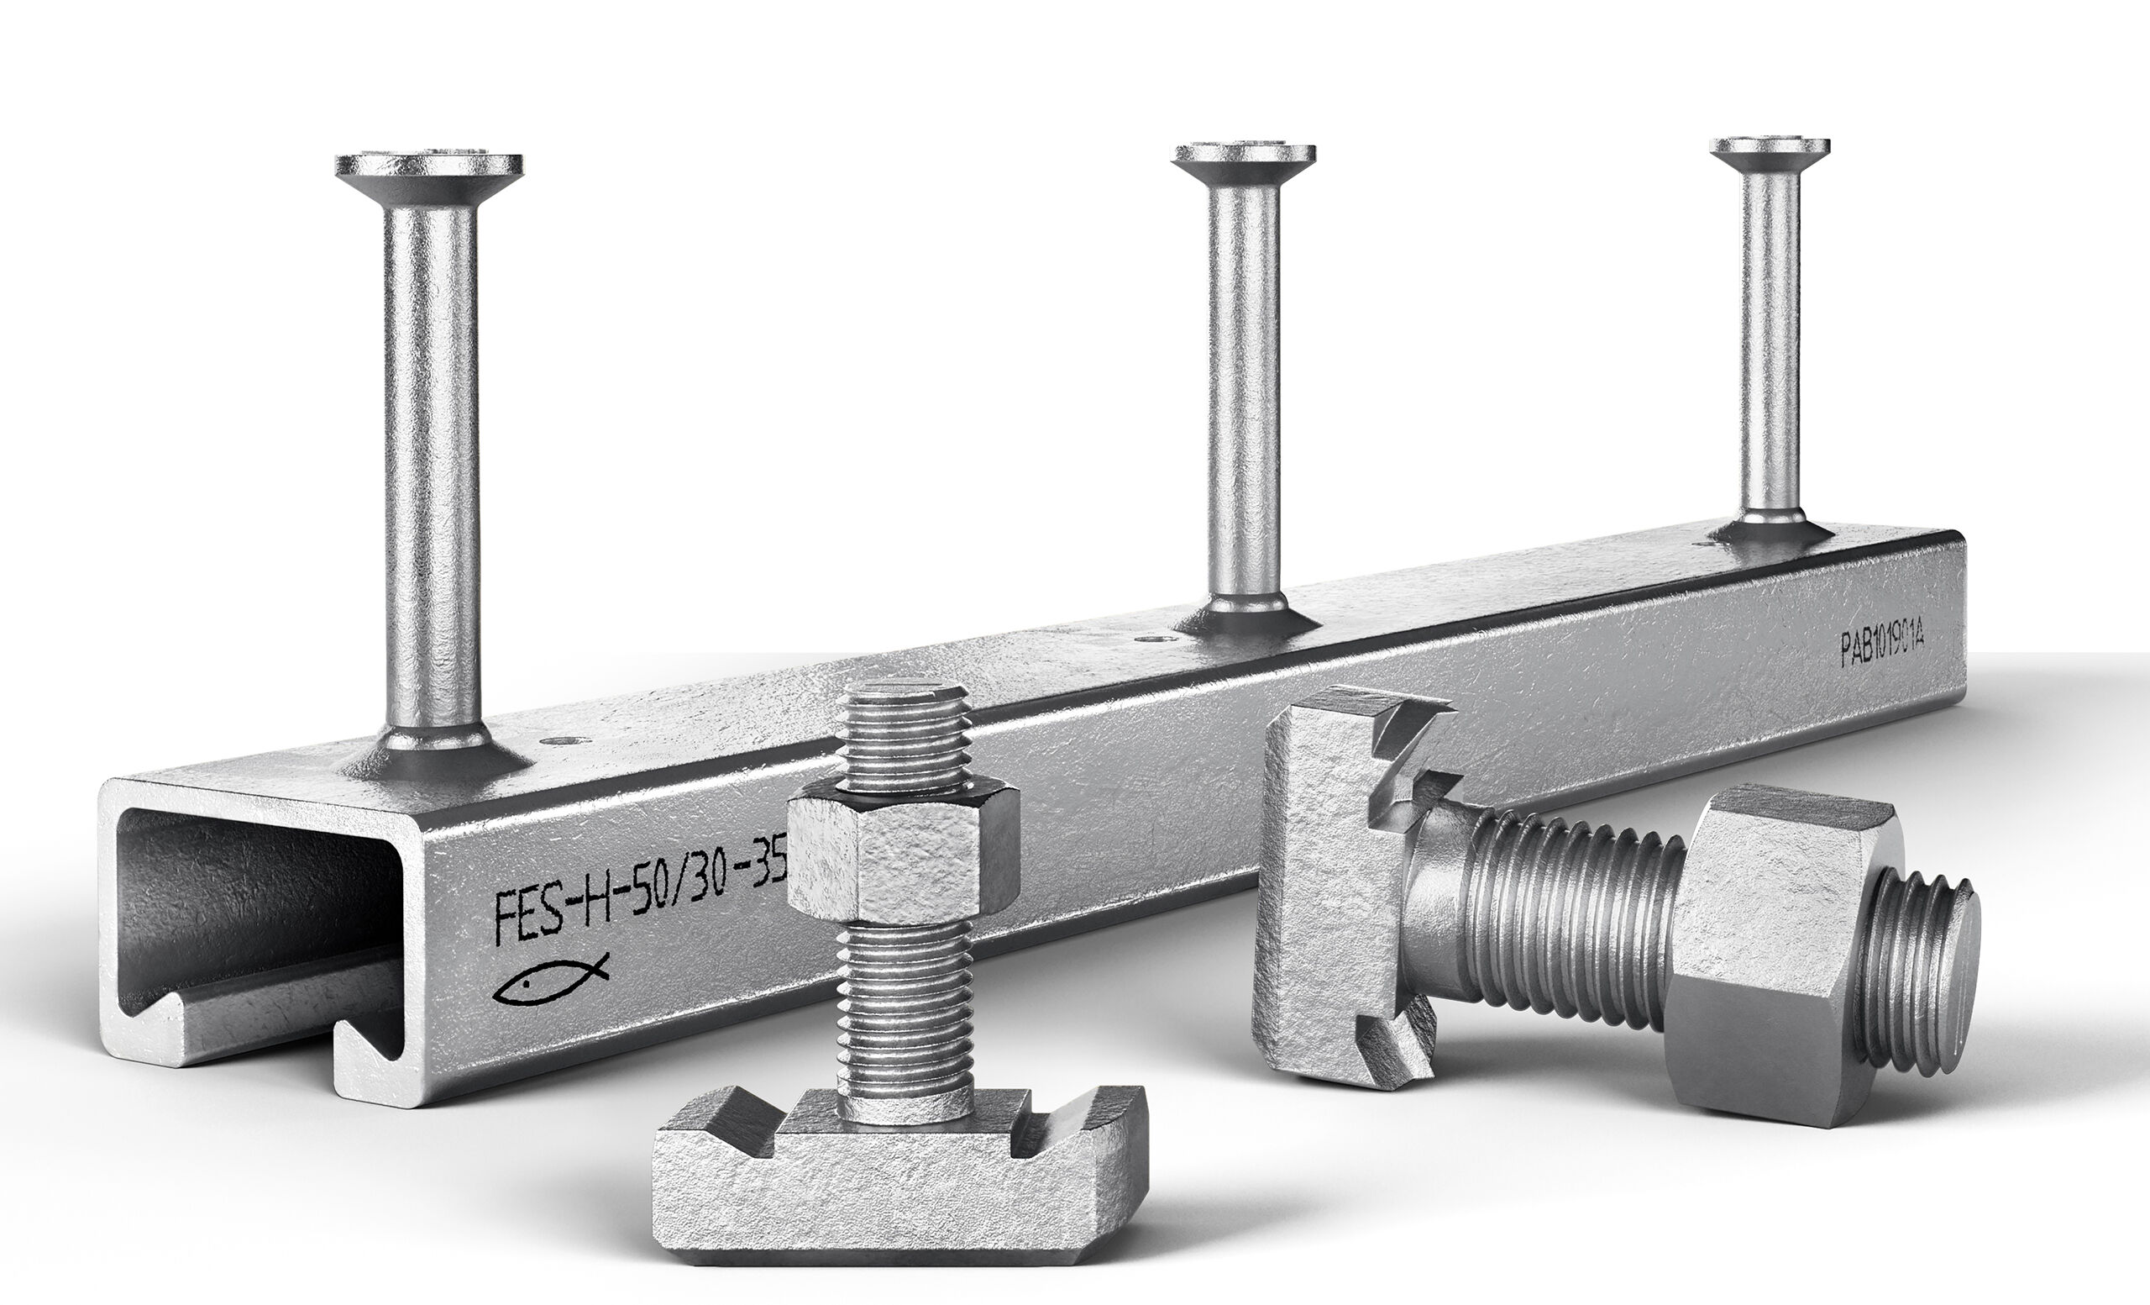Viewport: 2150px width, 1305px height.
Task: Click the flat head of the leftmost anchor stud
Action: click(x=429, y=164)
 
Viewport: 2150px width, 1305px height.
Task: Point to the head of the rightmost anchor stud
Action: click(x=1770, y=145)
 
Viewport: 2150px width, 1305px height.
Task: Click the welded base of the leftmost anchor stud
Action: click(x=433, y=750)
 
